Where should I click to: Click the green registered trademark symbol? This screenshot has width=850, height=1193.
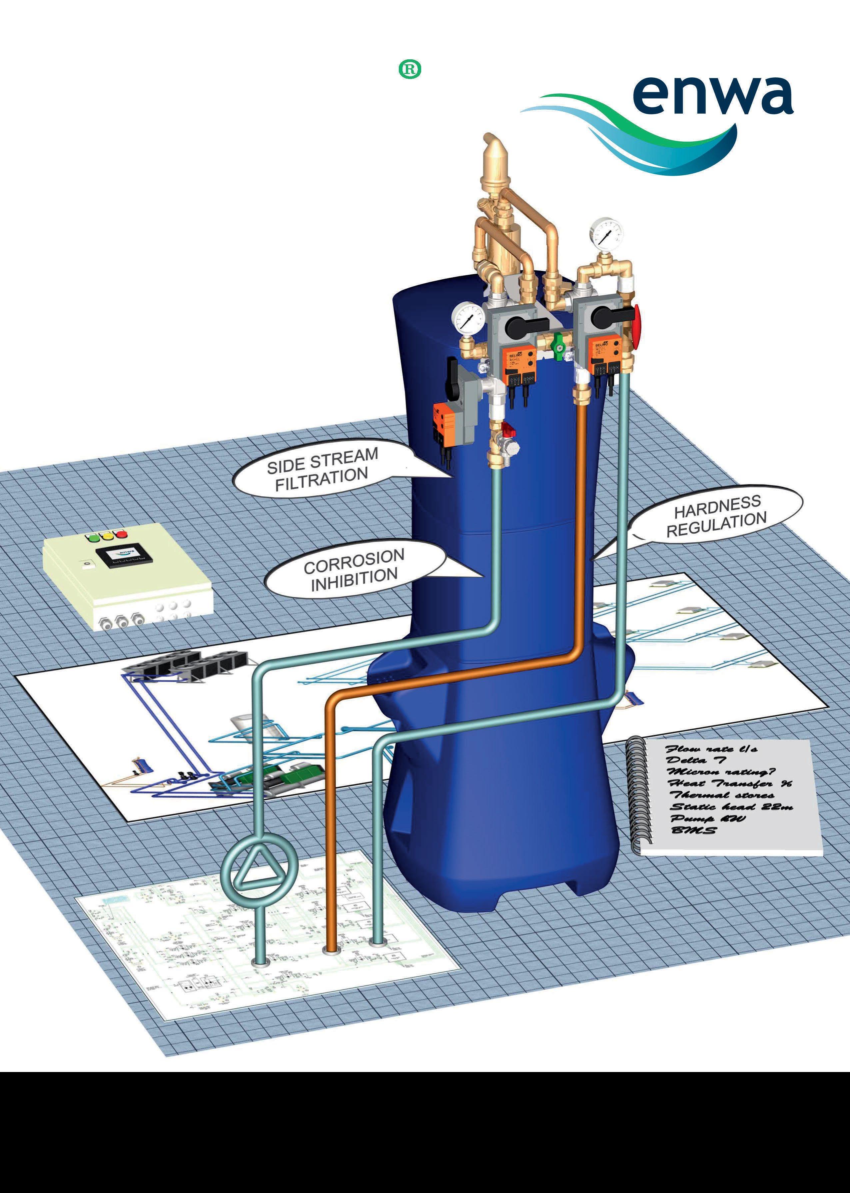(x=410, y=70)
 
